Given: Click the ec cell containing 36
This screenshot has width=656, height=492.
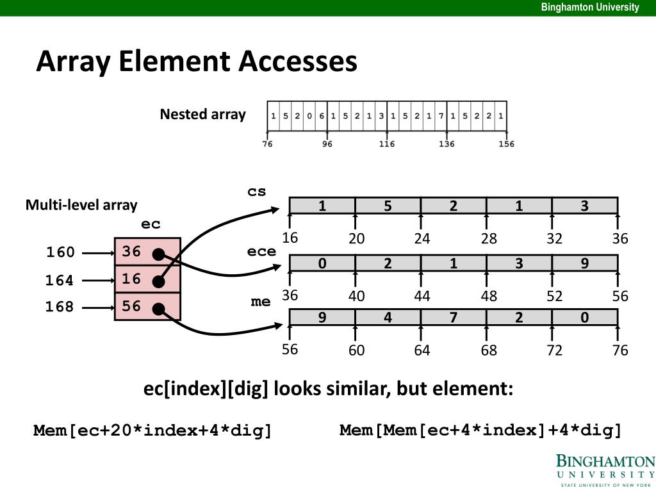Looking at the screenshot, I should [147, 252].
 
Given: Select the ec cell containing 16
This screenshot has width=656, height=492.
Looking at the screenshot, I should [147, 279].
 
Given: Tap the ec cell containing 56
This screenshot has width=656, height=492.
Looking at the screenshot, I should [147, 307].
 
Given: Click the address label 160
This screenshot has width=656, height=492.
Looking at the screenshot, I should [60, 252].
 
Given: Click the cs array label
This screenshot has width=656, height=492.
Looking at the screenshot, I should [257, 192].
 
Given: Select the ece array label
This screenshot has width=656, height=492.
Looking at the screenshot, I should [261, 251].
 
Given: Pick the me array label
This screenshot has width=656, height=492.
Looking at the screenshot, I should [261, 301].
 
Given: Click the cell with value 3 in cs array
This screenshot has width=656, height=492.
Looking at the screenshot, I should [584, 206].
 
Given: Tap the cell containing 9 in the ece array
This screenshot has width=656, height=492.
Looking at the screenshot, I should [584, 263].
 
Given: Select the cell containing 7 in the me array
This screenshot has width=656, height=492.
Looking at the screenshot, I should [453, 318].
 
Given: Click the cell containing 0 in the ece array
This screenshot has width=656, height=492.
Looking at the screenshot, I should [322, 263].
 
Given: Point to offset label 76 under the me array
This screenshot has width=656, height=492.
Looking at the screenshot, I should [619, 350].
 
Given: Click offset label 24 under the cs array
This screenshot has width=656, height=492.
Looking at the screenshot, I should [422, 239].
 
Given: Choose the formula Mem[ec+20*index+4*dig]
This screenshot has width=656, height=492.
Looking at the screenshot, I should [153, 430].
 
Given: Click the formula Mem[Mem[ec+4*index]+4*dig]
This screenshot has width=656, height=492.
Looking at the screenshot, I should [480, 430].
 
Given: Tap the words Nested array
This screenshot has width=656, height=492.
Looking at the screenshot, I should [202, 115].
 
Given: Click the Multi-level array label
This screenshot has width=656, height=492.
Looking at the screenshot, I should [81, 205].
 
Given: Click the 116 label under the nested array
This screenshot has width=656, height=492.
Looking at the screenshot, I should [386, 144].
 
